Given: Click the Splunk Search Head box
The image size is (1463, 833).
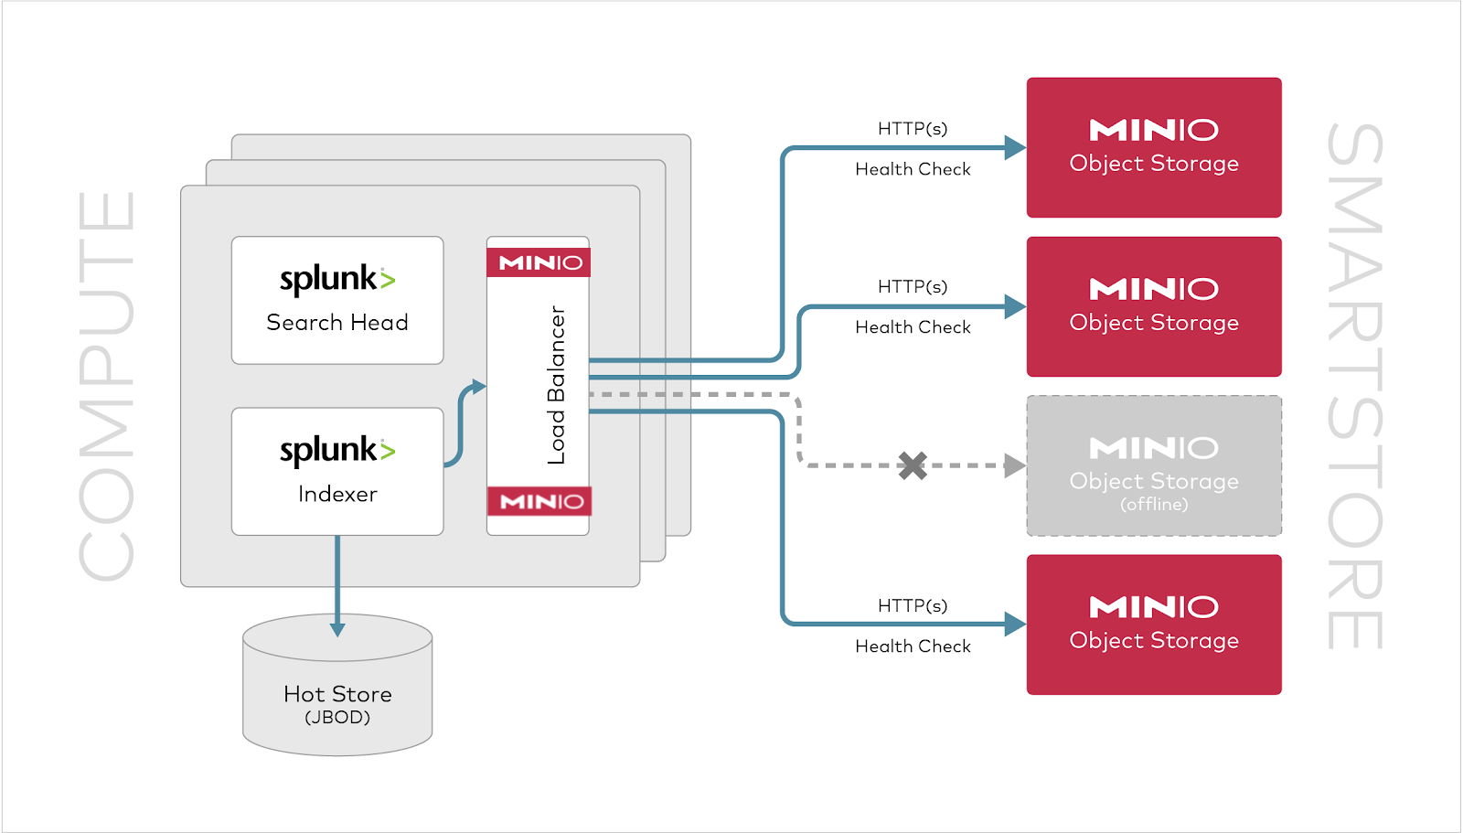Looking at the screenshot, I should pyautogui.click(x=336, y=300).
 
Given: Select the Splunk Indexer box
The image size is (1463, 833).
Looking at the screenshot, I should pyautogui.click(x=336, y=471).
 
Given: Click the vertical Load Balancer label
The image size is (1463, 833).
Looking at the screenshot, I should pyautogui.click(x=556, y=385).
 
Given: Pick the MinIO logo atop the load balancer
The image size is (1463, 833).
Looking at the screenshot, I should pyautogui.click(x=539, y=262).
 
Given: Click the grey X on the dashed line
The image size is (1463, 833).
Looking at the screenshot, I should pyautogui.click(x=912, y=465).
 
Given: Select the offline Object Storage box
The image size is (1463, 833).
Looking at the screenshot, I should pyautogui.click(x=1154, y=465).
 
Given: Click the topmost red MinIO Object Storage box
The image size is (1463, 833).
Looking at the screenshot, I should pyautogui.click(x=1154, y=147).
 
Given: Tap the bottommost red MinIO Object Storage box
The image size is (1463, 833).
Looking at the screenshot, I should pyautogui.click(x=1154, y=625).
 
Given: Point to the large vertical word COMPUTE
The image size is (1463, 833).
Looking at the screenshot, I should pyautogui.click(x=107, y=385).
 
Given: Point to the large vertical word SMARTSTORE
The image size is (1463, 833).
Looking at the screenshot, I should pyautogui.click(x=1355, y=385).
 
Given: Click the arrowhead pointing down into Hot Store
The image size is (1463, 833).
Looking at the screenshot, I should pyautogui.click(x=337, y=628).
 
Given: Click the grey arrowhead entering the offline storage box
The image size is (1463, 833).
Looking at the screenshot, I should pyautogui.click(x=1015, y=465).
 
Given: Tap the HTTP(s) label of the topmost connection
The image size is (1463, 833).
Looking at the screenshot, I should pyautogui.click(x=913, y=128).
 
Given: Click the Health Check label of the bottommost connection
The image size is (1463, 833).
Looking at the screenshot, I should pyautogui.click(x=913, y=646).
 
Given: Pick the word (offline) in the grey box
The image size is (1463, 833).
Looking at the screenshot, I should pyautogui.click(x=1154, y=505).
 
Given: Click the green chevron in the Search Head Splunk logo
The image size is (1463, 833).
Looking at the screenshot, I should pyautogui.click(x=388, y=280).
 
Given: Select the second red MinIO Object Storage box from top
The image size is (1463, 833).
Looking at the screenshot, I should pyautogui.click(x=1154, y=306).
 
